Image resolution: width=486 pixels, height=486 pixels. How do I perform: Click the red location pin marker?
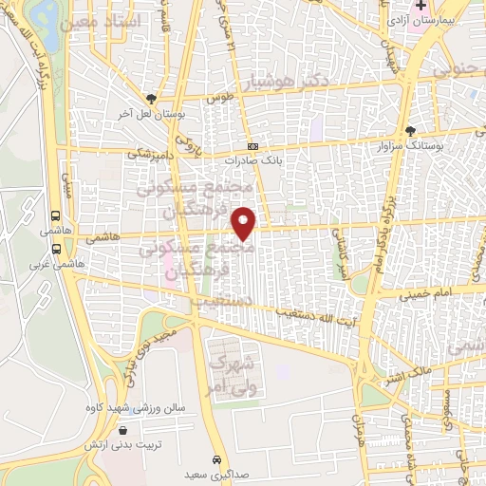click(x=245, y=223)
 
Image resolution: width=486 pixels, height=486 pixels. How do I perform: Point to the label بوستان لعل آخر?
click(x=150, y=113)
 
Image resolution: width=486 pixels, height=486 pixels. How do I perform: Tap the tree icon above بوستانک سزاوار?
click(x=410, y=131)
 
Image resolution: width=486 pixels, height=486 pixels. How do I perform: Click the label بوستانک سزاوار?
click(x=410, y=146)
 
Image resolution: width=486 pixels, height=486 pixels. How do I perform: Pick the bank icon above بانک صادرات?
click(x=252, y=147)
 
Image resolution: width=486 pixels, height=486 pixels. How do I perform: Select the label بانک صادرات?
click(x=252, y=161)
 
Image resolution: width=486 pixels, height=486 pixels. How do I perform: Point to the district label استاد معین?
click(x=103, y=20)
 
